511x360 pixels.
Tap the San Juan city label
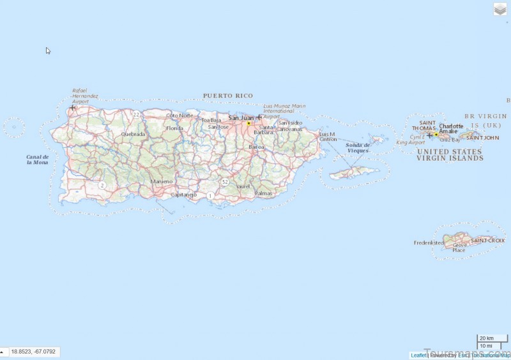point(241,117)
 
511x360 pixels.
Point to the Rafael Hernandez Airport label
point(85,96)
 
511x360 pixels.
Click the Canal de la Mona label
point(38,159)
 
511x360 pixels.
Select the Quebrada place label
point(133,134)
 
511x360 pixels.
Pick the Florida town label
point(174,128)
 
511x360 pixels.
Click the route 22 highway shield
point(137,114)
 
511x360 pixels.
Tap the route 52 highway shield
point(225,182)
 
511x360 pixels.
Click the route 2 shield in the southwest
point(102,184)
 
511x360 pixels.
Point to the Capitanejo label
point(184,195)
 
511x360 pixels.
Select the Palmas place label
point(263,193)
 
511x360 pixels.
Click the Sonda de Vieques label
point(358,147)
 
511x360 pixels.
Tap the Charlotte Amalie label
point(450,128)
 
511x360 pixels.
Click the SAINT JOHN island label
point(482,138)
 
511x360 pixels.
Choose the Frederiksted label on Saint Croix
point(429,243)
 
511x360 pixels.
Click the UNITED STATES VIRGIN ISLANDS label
point(450,154)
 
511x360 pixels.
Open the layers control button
point(500,10)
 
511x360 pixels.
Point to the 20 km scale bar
point(486,338)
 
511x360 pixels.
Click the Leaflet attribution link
point(418,355)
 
